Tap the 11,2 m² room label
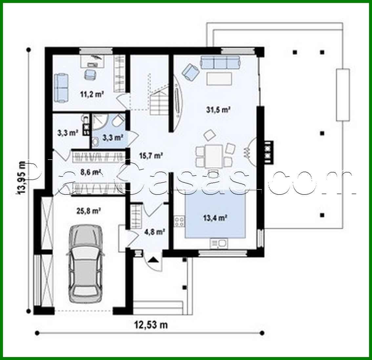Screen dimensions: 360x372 tap(92, 94)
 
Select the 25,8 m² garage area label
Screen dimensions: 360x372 tap(89, 211)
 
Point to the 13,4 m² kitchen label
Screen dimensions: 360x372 tap(215, 218)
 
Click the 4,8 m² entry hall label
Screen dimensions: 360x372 tap(154, 232)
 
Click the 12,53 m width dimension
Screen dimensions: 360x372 tap(151, 325)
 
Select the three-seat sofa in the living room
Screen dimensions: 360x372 tap(220, 62)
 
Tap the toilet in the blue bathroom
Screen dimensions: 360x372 tap(117, 122)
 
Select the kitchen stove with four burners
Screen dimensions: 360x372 tap(179, 221)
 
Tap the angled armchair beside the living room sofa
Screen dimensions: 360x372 tap(191, 71)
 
